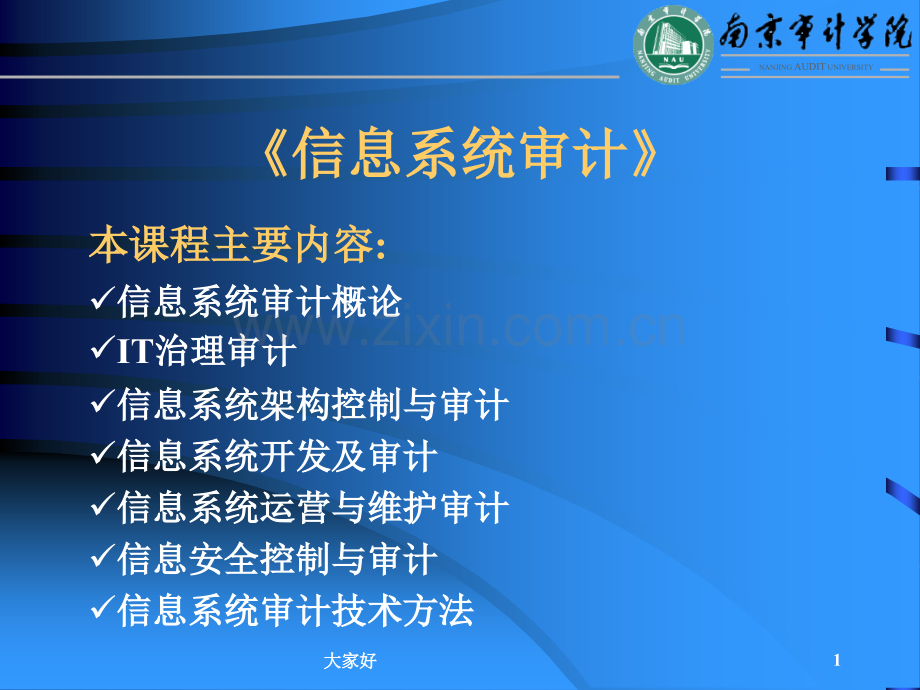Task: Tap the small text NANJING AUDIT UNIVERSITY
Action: (815, 67)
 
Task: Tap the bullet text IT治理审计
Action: (206, 352)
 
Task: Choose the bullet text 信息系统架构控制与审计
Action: (313, 404)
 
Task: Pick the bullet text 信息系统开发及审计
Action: (277, 456)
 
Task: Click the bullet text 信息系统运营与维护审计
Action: (313, 508)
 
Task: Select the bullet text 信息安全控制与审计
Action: (277, 559)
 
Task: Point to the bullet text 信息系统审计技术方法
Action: (295, 611)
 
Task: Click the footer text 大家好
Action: (352, 661)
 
